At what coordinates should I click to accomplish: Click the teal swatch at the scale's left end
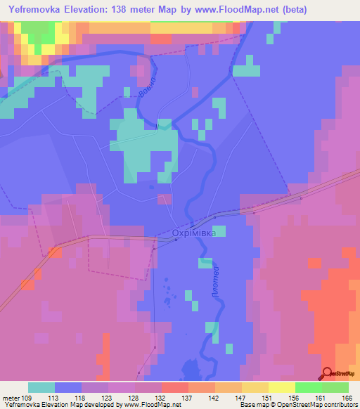coord(41,387)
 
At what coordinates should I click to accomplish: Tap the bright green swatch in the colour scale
coord(308,387)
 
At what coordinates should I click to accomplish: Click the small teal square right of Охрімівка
coord(221,231)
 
